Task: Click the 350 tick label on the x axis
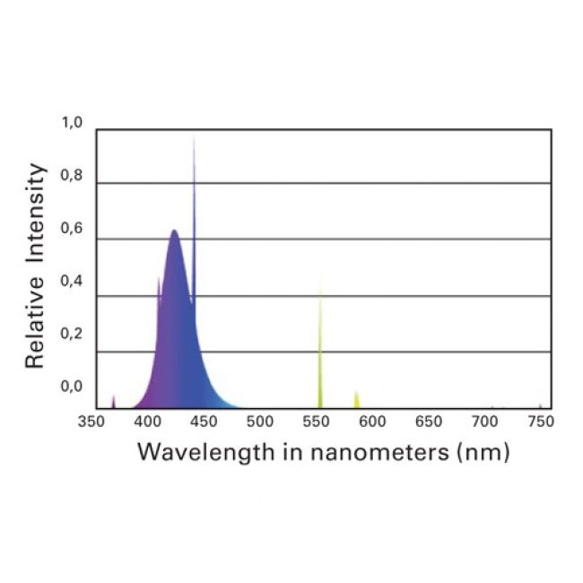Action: [x=93, y=421]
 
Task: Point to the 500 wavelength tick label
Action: [x=260, y=421]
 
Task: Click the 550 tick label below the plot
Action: [x=316, y=421]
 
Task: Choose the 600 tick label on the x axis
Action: [x=372, y=421]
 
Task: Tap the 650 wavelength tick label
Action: [x=429, y=421]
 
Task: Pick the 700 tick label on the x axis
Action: [x=484, y=421]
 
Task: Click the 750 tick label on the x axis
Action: [x=540, y=421]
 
